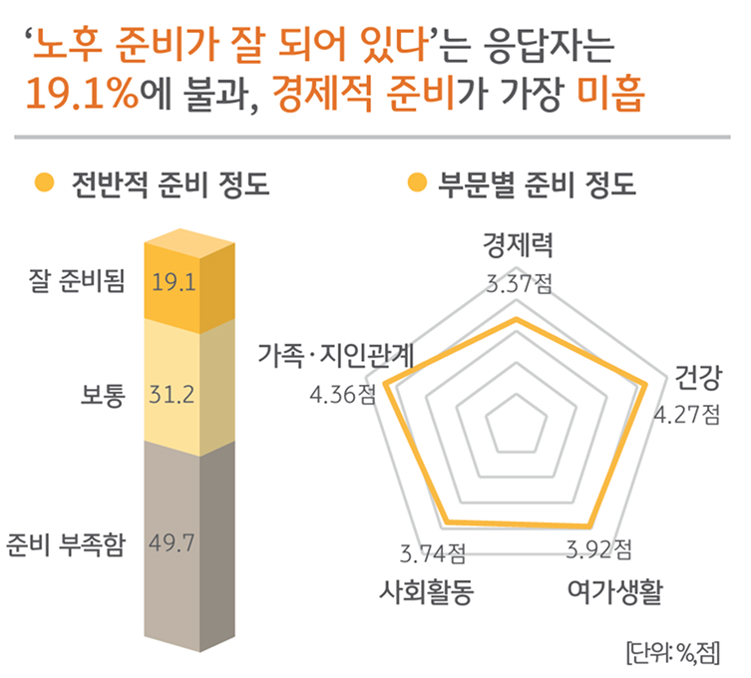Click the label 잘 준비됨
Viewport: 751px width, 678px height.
click(85, 282)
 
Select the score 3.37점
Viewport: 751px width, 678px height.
click(518, 283)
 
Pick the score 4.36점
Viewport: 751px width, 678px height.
click(343, 395)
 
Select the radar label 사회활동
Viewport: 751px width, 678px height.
click(426, 590)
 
